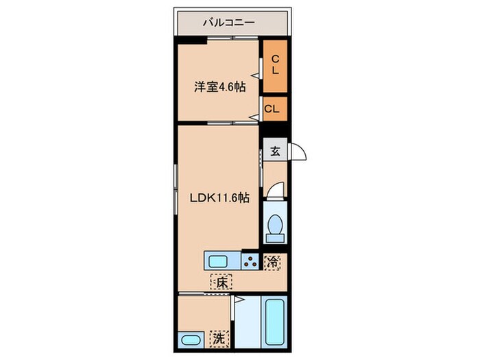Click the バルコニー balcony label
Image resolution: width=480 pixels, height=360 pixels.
coord(228,23)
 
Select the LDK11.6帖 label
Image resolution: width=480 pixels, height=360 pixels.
coord(219,197)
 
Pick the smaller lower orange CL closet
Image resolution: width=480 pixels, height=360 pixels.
coord(273,108)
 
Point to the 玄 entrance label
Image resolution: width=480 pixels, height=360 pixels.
coord(274,152)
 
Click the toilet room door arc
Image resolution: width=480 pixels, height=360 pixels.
coord(274,191)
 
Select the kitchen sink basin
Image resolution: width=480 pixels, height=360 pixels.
coord(221,261)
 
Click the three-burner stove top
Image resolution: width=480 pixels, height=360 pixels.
coord(250,261)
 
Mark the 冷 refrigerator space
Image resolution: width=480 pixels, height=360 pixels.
coord(274,261)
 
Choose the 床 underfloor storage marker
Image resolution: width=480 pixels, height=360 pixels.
coord(221,282)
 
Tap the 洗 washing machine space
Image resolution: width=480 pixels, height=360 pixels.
coord(217,338)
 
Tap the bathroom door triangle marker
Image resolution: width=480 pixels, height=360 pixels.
coord(237,300)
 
